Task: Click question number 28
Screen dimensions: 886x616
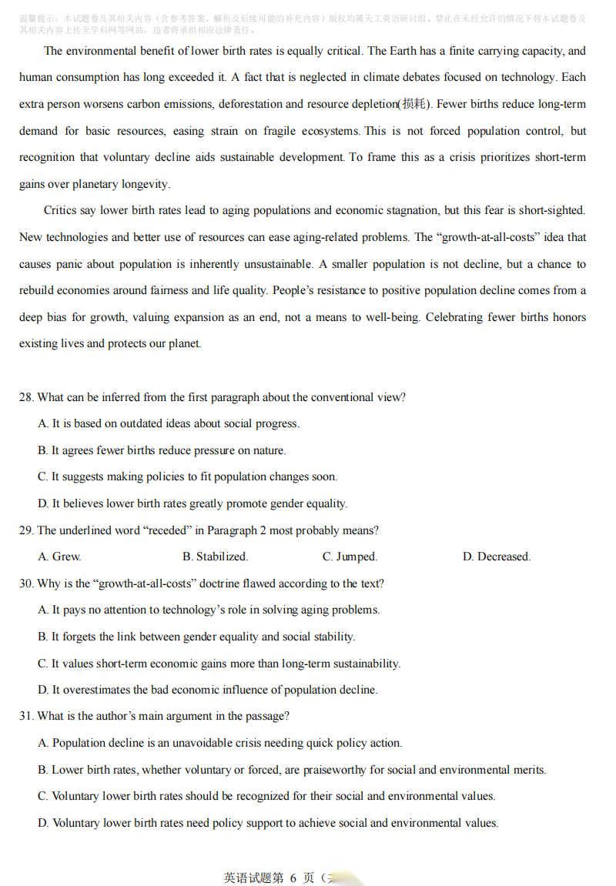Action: (x=26, y=397)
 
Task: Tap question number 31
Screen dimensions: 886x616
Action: (x=26, y=716)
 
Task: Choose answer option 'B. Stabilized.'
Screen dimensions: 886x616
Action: (x=215, y=557)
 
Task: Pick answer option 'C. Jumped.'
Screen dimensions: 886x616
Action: (x=350, y=557)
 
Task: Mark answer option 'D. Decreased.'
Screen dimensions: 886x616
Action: (x=496, y=557)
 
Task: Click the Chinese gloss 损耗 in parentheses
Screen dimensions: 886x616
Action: (x=413, y=104)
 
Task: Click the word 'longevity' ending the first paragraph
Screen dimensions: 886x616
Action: (x=146, y=184)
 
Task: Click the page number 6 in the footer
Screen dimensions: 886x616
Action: (x=293, y=878)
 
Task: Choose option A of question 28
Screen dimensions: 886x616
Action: (x=169, y=423)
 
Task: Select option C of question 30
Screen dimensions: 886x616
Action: (x=219, y=663)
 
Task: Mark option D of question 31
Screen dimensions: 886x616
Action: (x=268, y=823)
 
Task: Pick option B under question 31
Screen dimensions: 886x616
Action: (x=292, y=770)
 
